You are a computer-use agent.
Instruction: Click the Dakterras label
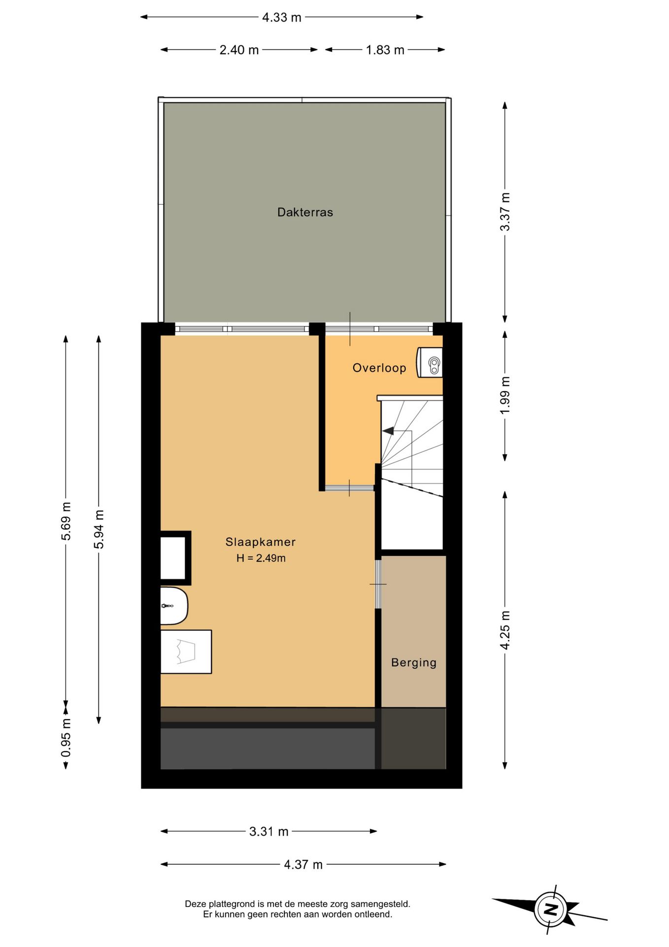305,212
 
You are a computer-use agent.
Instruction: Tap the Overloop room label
379,367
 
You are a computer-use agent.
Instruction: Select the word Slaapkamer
260,542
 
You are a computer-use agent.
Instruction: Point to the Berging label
413,662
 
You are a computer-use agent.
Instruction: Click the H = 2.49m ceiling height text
261,558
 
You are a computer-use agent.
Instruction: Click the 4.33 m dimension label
281,17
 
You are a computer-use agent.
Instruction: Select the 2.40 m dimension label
239,50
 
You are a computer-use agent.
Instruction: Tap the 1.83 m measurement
385,50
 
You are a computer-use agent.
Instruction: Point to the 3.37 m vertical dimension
505,212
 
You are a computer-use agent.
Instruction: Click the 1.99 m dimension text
505,396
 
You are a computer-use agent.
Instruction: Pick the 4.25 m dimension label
505,630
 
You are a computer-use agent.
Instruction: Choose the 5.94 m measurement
99,529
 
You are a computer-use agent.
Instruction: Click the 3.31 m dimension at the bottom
268,831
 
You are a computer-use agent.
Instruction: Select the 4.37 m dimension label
303,864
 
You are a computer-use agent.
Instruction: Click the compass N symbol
550,909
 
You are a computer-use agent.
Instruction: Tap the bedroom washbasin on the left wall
173,606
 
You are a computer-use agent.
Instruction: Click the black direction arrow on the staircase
388,431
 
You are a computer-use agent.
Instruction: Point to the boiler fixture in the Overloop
431,363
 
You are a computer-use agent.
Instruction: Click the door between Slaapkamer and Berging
378,584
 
